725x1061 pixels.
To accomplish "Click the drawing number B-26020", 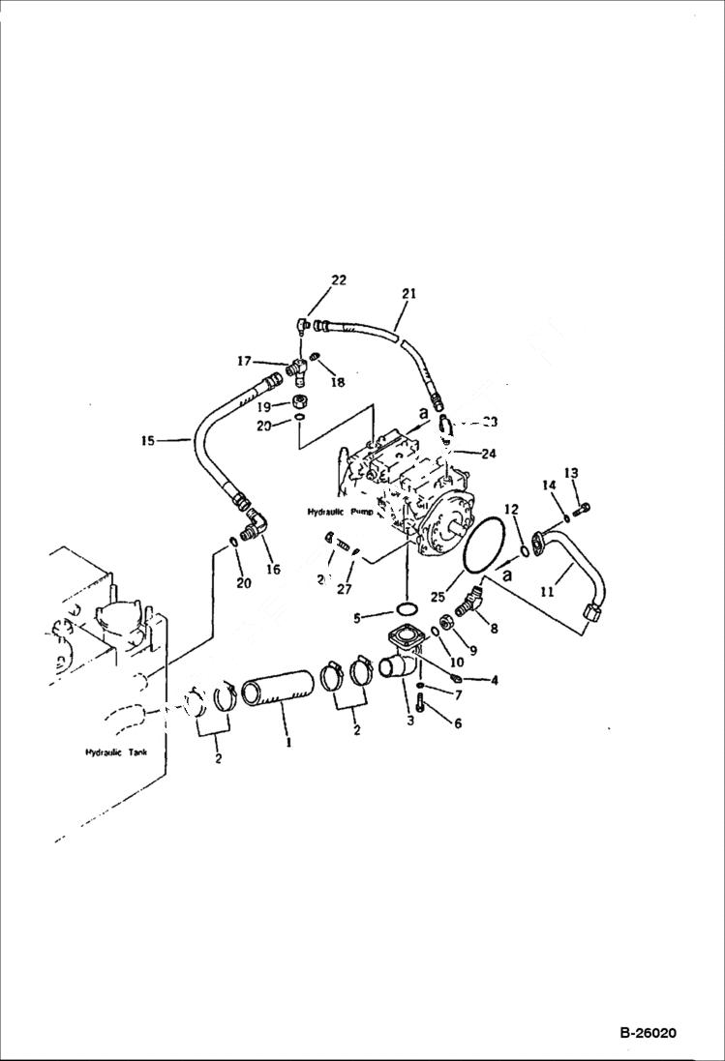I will click(648, 1033).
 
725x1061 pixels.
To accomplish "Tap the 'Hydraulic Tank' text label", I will click(115, 752).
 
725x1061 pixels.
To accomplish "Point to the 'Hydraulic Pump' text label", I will click(340, 511).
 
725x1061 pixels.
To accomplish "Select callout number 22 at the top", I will click(338, 280).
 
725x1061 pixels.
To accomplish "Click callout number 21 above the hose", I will click(408, 293).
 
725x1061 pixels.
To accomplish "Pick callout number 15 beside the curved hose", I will click(147, 441).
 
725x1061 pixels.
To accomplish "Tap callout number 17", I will click(245, 362).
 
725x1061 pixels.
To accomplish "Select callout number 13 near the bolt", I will click(571, 473).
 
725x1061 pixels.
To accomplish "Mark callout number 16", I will click(273, 570).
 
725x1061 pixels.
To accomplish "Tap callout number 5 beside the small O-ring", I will click(357, 616).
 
